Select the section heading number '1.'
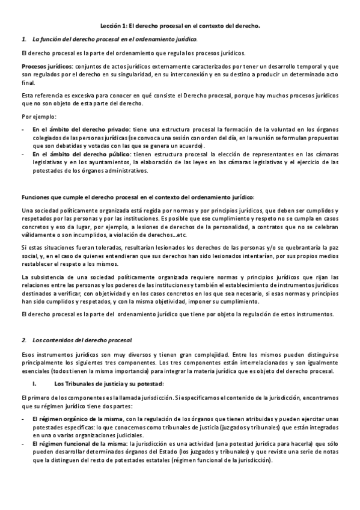click(23, 40)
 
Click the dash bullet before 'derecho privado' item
click(23, 129)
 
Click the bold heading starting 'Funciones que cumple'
click(138, 197)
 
